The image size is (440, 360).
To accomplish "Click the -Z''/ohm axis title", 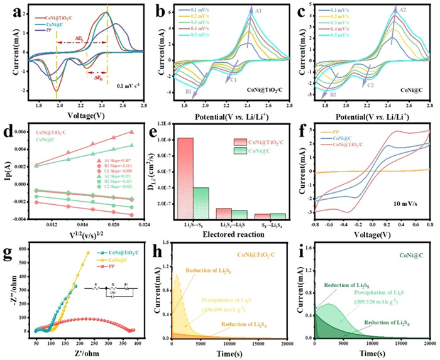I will click(x=8, y=292).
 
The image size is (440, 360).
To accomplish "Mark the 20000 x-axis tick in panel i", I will click(x=428, y=344).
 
